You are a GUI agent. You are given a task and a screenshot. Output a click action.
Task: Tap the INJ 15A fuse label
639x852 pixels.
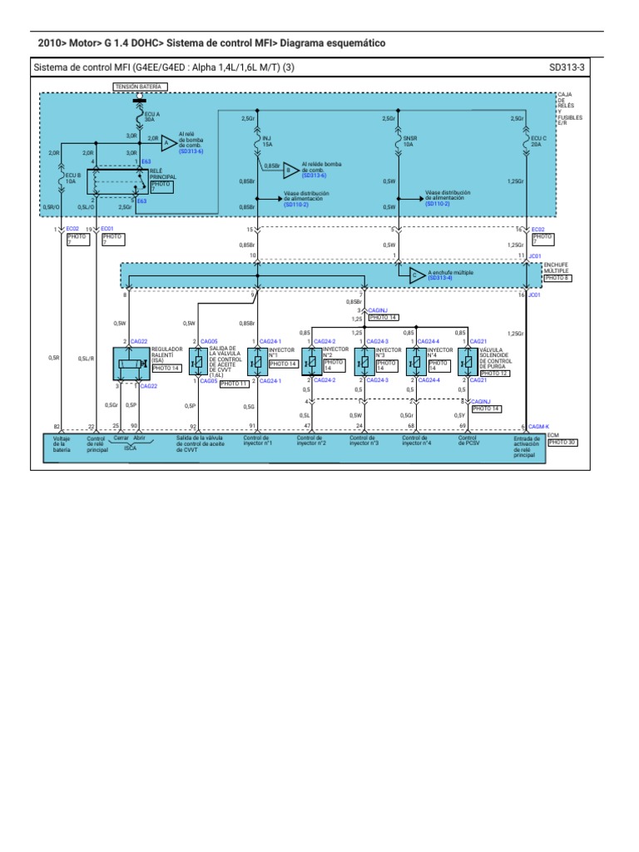(267, 141)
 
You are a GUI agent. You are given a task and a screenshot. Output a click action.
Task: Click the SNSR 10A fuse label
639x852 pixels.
(408, 141)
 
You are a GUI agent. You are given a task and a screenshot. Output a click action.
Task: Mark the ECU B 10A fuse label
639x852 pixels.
(72, 178)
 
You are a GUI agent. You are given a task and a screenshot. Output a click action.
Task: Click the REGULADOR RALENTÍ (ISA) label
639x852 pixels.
(167, 354)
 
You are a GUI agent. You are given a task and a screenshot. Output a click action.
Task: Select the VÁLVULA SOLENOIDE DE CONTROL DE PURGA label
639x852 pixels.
(497, 359)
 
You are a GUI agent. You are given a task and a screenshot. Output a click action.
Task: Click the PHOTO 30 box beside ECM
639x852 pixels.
(561, 442)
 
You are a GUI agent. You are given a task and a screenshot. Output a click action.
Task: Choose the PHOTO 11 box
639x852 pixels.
(234, 384)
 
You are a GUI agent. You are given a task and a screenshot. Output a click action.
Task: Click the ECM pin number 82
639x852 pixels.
(57, 425)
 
